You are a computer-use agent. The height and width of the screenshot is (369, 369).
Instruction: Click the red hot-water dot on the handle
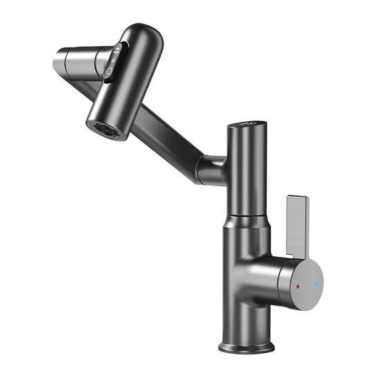pyautogui.click(x=298, y=285)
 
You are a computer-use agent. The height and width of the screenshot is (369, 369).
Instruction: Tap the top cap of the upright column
pyautogui.click(x=246, y=126)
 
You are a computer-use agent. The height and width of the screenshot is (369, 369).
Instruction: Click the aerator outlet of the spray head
pyautogui.click(x=106, y=129)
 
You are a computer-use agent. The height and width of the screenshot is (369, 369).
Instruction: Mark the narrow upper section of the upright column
pyautogui.click(x=246, y=173)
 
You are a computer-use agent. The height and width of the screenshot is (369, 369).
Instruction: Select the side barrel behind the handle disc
pyautogui.click(x=267, y=277)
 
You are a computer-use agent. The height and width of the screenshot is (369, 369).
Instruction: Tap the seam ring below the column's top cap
pyautogui.click(x=246, y=137)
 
